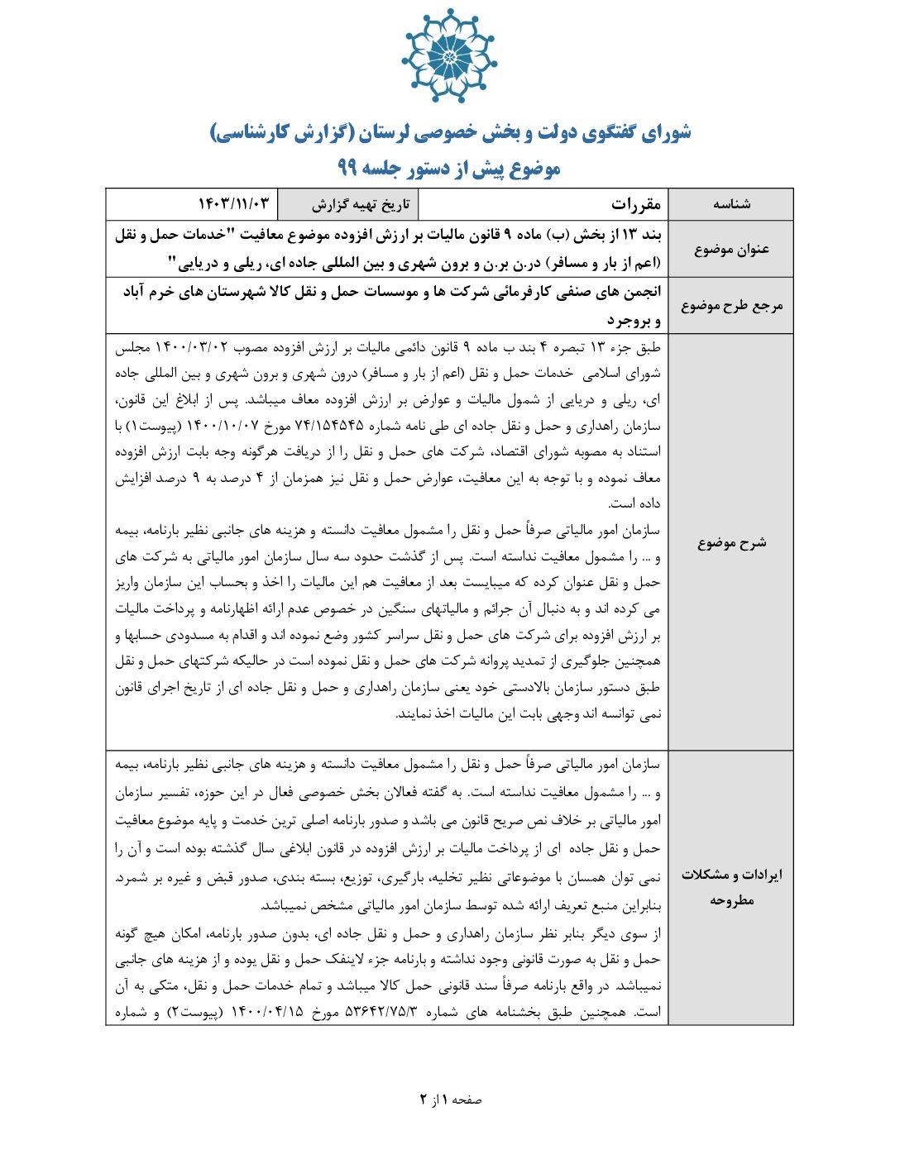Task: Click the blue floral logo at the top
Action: [449, 56]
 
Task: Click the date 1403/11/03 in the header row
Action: [233, 204]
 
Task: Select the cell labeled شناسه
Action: [731, 204]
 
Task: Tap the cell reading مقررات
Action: [635, 204]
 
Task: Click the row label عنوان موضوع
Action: [731, 249]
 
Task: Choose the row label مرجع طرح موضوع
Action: [731, 306]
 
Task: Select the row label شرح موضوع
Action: [731, 542]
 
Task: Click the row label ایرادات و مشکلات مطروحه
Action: [731, 887]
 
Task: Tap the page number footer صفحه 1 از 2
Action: [450, 1100]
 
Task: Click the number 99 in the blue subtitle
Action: [347, 168]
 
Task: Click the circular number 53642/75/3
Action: [381, 1012]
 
